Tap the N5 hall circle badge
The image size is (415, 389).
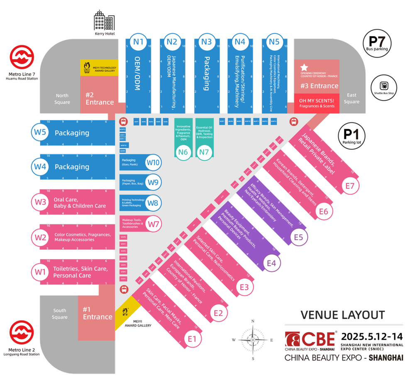coord(274,41)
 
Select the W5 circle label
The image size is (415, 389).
coord(40,133)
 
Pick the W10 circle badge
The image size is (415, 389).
coord(154,163)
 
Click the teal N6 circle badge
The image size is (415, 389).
coord(183,152)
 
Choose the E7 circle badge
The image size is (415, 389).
coord(350,186)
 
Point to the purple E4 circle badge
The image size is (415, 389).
coord(271,263)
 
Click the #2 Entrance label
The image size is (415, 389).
coord(100,99)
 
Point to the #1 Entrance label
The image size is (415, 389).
coord(98,313)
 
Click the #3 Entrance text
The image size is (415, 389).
coord(319,86)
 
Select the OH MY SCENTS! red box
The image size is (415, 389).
coord(317,103)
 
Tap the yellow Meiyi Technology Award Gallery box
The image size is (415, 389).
coord(99,68)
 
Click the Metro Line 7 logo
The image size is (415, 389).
coord(22,58)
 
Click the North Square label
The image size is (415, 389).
coord(62,99)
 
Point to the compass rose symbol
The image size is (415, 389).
coord(252,339)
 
